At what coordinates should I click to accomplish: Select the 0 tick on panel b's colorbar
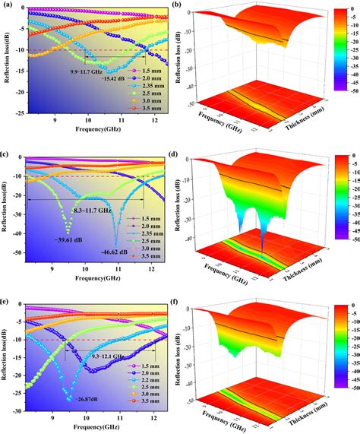pyautogui.click(x=351, y=11)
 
